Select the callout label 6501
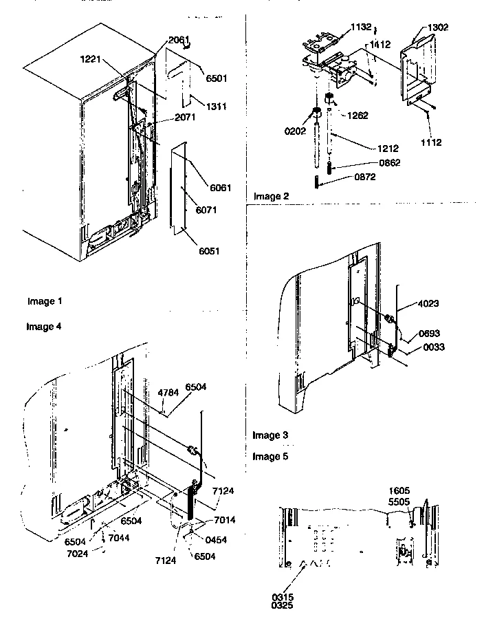coord(218,78)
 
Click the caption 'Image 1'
coord(45,301)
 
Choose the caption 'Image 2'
coord(272,197)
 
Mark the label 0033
coord(434,347)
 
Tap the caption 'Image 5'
coord(270,456)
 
